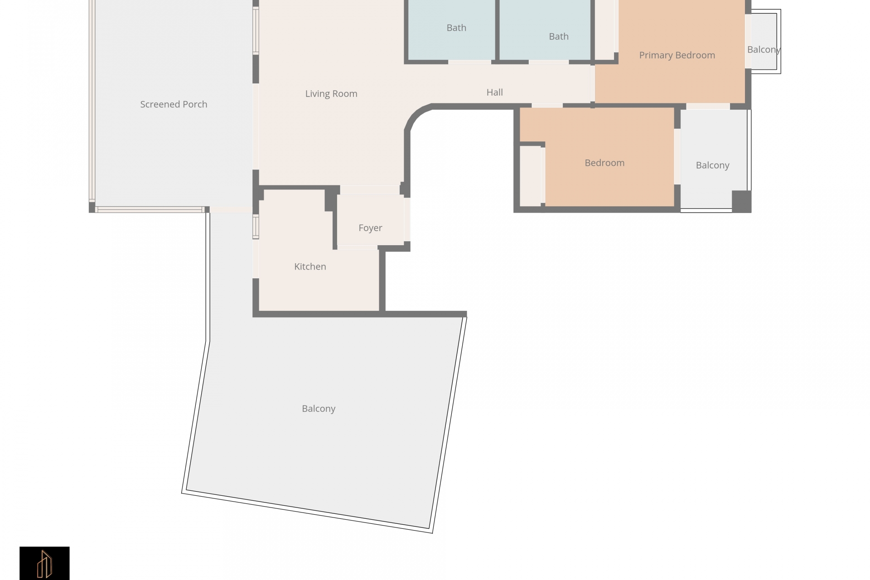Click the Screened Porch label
click(x=174, y=104)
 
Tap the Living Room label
click(x=331, y=94)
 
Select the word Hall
click(x=494, y=92)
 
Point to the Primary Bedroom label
click(x=677, y=55)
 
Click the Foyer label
click(x=370, y=228)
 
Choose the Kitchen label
click(x=310, y=266)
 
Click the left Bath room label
click(x=456, y=28)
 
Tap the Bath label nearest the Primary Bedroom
click(x=559, y=36)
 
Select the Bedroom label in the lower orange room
click(x=604, y=163)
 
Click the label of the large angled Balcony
click(x=319, y=409)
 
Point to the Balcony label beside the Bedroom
click(x=712, y=165)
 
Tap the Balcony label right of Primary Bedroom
click(x=764, y=50)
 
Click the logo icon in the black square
click(x=44, y=564)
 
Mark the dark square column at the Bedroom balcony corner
click(x=742, y=201)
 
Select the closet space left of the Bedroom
click(x=530, y=176)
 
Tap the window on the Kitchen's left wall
click(x=256, y=227)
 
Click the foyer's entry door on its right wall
click(x=407, y=219)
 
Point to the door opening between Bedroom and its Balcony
click(x=677, y=157)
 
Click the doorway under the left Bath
click(x=469, y=62)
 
